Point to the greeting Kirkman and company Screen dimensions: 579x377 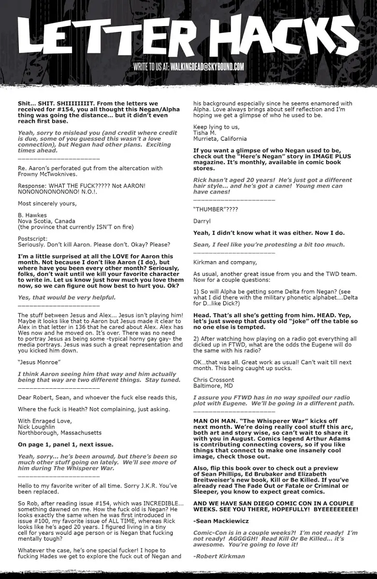tap(225, 262)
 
